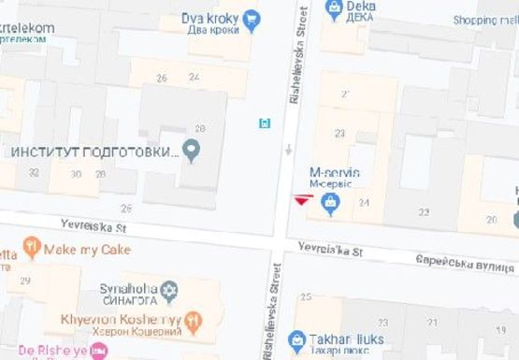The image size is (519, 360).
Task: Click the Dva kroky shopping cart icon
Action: pyautogui.click(x=252, y=19)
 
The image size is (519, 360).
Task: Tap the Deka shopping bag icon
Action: pyautogui.click(x=334, y=9)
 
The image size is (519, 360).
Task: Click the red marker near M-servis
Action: pyautogui.click(x=300, y=199)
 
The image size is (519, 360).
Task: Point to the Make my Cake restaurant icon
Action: pyautogui.click(x=33, y=249)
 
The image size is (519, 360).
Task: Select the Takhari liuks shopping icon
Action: pyautogui.click(x=297, y=340)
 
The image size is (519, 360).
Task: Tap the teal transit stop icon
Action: pyautogui.click(x=265, y=122)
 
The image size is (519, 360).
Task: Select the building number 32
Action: pyautogui.click(x=34, y=173)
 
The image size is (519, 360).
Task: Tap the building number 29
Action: pyautogui.click(x=25, y=281)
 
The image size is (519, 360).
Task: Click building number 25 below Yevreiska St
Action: pyautogui.click(x=306, y=296)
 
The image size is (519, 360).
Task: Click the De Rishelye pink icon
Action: pyautogui.click(x=99, y=352)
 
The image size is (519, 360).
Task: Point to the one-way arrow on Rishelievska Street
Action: pyautogui.click(x=289, y=149)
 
